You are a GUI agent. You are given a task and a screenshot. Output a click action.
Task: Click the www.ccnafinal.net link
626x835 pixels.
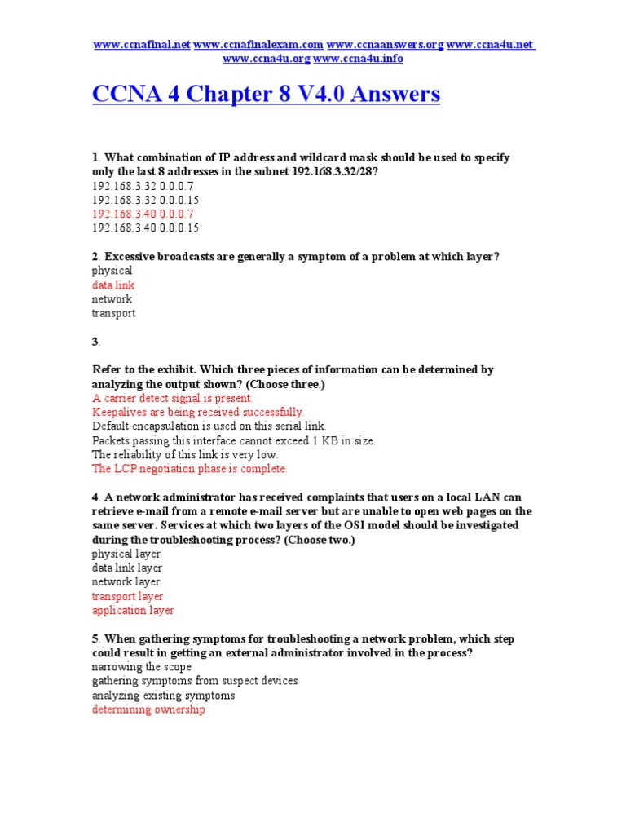click(x=142, y=45)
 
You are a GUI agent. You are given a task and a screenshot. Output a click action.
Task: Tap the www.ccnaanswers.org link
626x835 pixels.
click(x=385, y=45)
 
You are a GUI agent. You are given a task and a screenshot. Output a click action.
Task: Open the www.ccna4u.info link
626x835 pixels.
click(x=358, y=59)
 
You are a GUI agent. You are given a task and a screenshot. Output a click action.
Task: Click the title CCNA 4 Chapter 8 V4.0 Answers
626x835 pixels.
click(x=266, y=95)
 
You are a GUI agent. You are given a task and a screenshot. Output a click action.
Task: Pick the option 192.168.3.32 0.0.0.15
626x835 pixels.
click(x=145, y=200)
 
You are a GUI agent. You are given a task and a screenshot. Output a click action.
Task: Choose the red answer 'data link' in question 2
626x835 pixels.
click(x=113, y=285)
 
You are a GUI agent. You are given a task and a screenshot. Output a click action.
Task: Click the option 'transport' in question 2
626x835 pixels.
click(x=113, y=313)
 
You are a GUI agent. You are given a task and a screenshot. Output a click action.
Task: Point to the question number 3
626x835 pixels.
click(x=95, y=342)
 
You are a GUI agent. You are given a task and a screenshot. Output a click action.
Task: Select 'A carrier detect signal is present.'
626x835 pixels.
click(x=173, y=398)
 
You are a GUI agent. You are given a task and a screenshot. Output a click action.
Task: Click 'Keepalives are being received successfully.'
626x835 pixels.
click(x=198, y=412)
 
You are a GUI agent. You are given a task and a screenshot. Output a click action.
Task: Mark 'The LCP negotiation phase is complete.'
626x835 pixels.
click(x=189, y=469)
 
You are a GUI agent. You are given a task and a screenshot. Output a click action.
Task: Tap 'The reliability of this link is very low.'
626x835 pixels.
click(x=185, y=454)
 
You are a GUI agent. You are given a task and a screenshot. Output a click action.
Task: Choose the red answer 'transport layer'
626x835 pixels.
click(x=127, y=596)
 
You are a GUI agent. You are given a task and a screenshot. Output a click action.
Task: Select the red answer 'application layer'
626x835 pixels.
click(x=133, y=610)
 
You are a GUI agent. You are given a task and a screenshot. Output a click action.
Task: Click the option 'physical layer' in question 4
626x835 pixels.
click(x=126, y=554)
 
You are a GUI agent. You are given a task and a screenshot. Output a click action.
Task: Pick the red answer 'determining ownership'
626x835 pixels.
click(x=148, y=709)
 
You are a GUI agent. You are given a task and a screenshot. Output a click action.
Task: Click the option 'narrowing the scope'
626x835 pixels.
click(x=142, y=667)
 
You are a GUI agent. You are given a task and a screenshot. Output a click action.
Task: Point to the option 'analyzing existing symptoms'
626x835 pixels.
click(x=163, y=696)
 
